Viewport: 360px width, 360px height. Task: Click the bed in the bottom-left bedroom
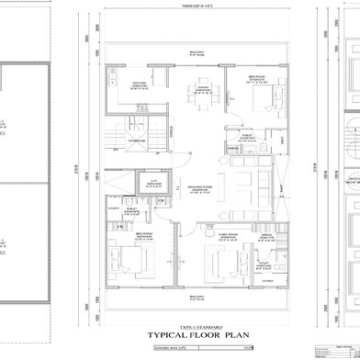click(x=129, y=262)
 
